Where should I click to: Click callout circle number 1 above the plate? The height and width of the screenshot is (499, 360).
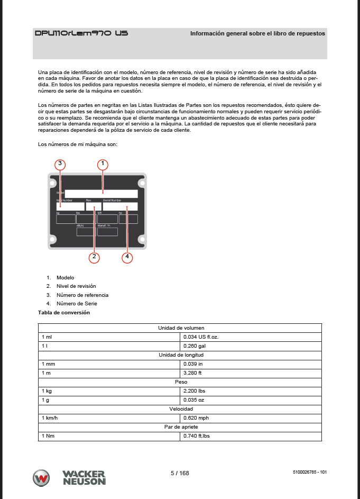(104, 164)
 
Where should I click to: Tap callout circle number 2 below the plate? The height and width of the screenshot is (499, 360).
(94, 258)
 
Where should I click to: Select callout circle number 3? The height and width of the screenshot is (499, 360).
(60, 164)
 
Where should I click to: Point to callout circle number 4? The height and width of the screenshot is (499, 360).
(127, 258)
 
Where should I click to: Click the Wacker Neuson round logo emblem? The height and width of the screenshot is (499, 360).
(42, 478)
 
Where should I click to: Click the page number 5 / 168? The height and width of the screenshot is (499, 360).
(180, 473)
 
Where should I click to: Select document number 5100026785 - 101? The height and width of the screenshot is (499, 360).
(309, 472)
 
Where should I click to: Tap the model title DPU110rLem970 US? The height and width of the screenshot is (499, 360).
(81, 33)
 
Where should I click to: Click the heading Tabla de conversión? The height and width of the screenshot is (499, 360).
(64, 313)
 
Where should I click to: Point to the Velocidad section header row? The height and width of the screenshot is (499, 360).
(181, 409)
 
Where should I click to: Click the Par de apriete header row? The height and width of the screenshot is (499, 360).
(181, 427)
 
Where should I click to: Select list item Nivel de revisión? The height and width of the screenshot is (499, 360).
(76, 286)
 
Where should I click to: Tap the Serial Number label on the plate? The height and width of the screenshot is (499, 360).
(112, 201)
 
